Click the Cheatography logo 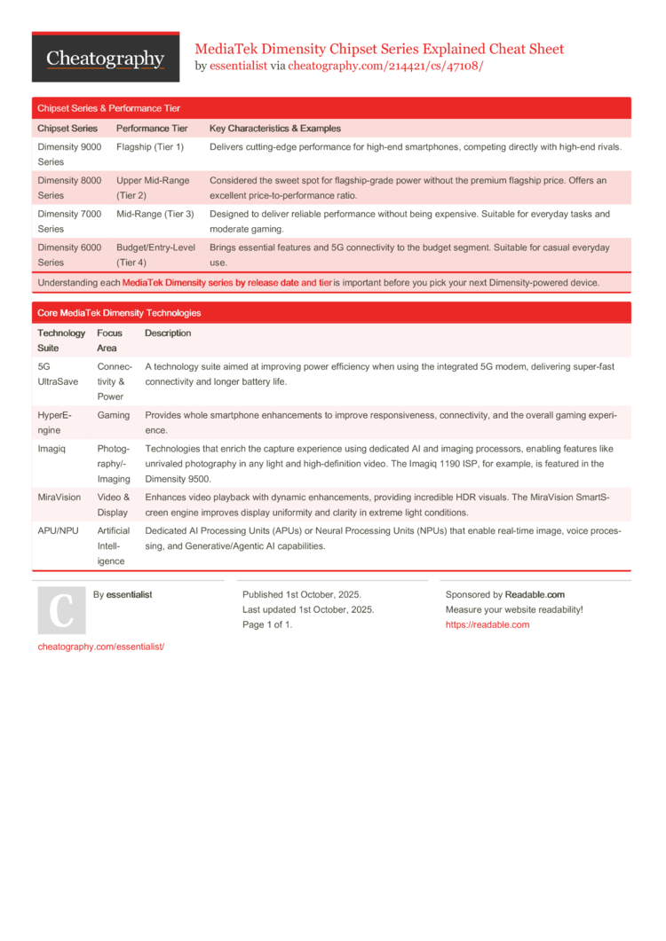[105, 59]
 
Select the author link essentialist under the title [238, 66]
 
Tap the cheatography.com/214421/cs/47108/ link [385, 66]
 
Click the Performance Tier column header [152, 129]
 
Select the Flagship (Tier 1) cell [150, 146]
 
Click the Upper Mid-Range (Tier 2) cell [153, 187]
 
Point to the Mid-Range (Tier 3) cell [155, 214]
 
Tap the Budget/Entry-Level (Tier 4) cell [156, 255]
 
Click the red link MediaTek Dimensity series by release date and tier [226, 283]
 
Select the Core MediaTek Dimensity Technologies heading [119, 313]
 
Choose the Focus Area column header [110, 341]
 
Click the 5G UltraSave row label [58, 373]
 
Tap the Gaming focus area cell [114, 415]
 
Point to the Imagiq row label [52, 449]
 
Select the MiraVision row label [59, 498]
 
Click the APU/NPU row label [57, 531]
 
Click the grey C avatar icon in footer [61, 610]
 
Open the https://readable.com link [488, 624]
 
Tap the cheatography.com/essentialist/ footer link [101, 647]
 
